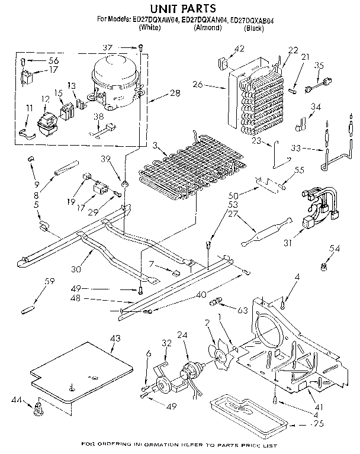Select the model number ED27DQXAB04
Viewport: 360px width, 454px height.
(261, 20)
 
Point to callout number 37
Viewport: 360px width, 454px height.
(123, 48)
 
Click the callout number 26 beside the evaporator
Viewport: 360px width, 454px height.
(197, 85)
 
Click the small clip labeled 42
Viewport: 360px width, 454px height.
(222, 60)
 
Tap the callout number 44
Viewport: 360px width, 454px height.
(15, 402)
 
